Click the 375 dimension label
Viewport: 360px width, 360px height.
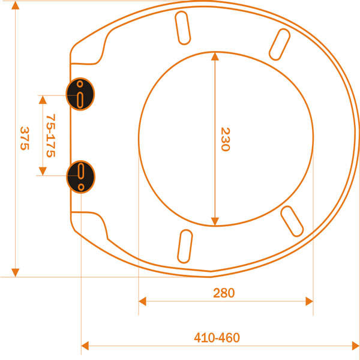pyautogui.click(x=25, y=138)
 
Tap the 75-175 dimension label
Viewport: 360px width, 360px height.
pyautogui.click(x=51, y=136)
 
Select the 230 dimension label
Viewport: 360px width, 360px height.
pyautogui.click(x=225, y=139)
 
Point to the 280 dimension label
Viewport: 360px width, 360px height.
pyautogui.click(x=224, y=293)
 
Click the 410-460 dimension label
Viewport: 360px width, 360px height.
pyautogui.click(x=217, y=338)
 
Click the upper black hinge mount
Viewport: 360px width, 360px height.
pyautogui.click(x=80, y=94)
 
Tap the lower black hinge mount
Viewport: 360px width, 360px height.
pyautogui.click(x=81, y=177)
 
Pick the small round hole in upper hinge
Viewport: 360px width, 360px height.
pyautogui.click(x=80, y=84)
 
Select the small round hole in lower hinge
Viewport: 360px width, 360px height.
pyautogui.click(x=81, y=187)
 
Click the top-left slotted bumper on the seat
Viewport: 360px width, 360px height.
pyautogui.click(x=183, y=28)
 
